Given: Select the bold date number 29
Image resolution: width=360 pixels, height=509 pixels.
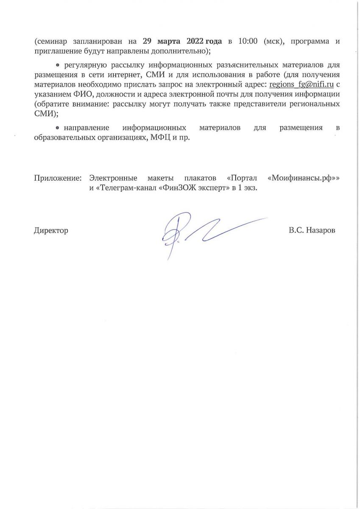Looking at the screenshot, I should coord(148,42).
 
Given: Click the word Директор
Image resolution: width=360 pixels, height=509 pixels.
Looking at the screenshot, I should coord(51,231).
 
